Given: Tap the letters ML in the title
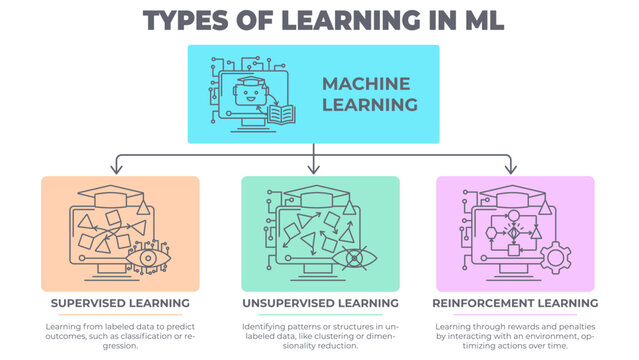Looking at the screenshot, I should click(x=473, y=20).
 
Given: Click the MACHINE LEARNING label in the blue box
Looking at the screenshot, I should click(x=368, y=94).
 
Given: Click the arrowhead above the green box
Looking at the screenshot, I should click(x=313, y=168).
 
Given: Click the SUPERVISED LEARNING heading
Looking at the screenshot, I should click(x=120, y=303).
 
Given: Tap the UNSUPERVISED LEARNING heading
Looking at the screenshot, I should click(x=320, y=303).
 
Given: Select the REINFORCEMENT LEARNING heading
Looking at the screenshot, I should click(x=515, y=303).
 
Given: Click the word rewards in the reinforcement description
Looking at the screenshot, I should click(x=508, y=327).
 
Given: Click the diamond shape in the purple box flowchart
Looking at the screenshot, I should click(x=514, y=233).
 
